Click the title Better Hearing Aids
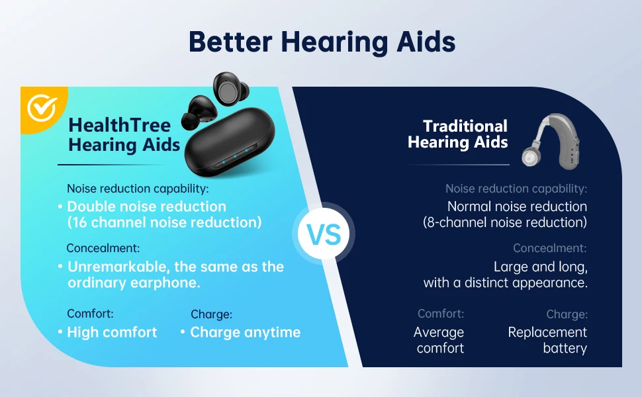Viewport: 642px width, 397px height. [322, 42]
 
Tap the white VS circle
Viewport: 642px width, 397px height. [324, 234]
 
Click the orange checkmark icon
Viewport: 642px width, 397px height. [42, 108]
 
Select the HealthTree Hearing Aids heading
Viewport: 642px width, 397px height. [124, 135]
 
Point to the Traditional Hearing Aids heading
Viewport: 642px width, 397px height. [458, 134]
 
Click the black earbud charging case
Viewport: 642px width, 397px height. [229, 142]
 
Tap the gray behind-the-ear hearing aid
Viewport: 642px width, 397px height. [551, 141]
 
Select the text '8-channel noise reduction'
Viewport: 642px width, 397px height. [505, 222]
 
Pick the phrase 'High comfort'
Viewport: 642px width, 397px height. [112, 332]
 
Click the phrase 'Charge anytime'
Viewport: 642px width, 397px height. [246, 332]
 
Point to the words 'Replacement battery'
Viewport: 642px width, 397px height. [547, 339]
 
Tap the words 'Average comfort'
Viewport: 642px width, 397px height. [439, 339]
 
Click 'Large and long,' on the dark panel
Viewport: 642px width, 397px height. [541, 267]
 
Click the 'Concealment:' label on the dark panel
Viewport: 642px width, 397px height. [549, 248]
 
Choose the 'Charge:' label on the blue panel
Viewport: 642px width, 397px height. [211, 314]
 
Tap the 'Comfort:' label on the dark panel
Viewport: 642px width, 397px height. [441, 314]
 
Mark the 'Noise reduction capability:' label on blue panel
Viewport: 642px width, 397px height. [138, 189]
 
